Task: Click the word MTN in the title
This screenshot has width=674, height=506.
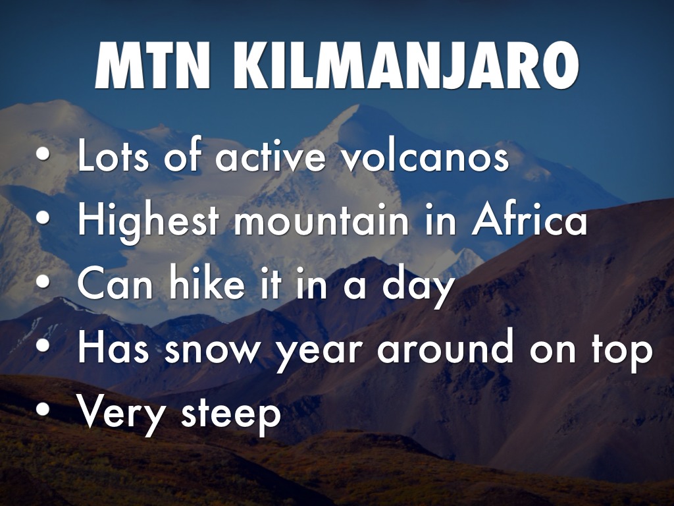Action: (x=153, y=65)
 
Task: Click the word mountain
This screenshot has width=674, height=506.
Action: (x=321, y=221)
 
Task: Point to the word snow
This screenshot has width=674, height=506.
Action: (x=213, y=349)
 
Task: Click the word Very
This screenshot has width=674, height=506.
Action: (x=121, y=414)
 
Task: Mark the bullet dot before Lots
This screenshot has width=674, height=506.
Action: (x=43, y=155)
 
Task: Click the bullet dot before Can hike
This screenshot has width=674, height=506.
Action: (x=43, y=281)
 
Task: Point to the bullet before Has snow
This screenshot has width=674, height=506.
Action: (x=43, y=345)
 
